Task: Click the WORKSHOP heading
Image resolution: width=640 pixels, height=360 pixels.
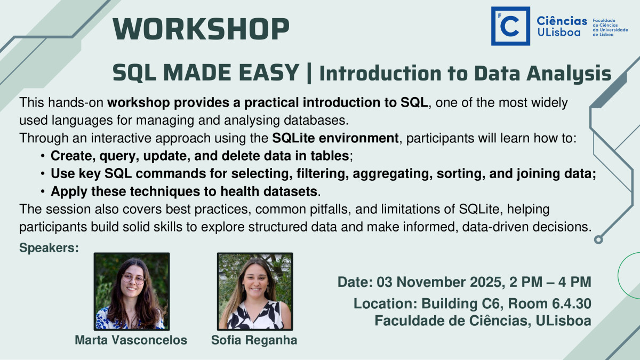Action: point(201,29)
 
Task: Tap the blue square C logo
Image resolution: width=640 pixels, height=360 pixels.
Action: point(510,26)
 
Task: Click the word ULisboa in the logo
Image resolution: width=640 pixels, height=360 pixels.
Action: point(559,32)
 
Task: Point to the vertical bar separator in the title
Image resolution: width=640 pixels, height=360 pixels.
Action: point(309,73)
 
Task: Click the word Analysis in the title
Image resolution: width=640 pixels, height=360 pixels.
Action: point(569,74)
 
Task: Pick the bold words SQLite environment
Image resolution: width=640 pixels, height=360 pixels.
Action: point(335,138)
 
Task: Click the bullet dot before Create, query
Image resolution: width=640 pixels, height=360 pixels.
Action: point(43,156)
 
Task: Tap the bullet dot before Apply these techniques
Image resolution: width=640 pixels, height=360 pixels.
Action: point(43,191)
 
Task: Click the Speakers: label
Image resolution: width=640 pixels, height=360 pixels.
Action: point(49,247)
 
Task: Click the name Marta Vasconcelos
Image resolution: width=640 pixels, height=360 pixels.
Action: point(131,340)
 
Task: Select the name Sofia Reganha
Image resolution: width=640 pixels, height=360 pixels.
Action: point(254,340)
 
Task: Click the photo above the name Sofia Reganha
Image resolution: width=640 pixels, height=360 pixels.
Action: point(255,291)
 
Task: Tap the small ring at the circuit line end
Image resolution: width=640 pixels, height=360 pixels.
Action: point(598,239)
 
